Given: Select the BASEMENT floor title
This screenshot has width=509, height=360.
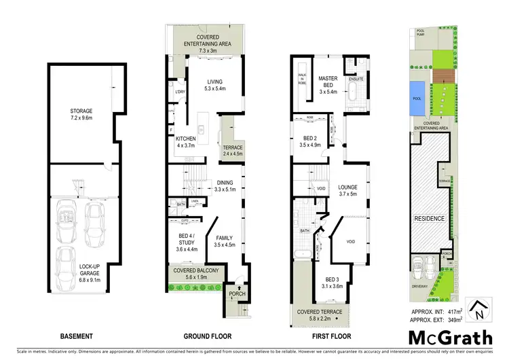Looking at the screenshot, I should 77,336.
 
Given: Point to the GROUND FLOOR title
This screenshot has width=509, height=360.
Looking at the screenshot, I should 208,336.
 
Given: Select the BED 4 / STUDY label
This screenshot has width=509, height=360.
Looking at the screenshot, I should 187,240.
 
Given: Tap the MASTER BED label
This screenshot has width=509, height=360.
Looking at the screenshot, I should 328,79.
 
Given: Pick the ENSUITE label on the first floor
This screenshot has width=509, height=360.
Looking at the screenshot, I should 358,79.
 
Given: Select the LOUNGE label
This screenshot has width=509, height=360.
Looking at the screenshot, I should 348,187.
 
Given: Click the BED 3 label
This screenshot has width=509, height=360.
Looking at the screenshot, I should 331,279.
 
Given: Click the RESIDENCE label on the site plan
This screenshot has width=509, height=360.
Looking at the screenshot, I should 429,219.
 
